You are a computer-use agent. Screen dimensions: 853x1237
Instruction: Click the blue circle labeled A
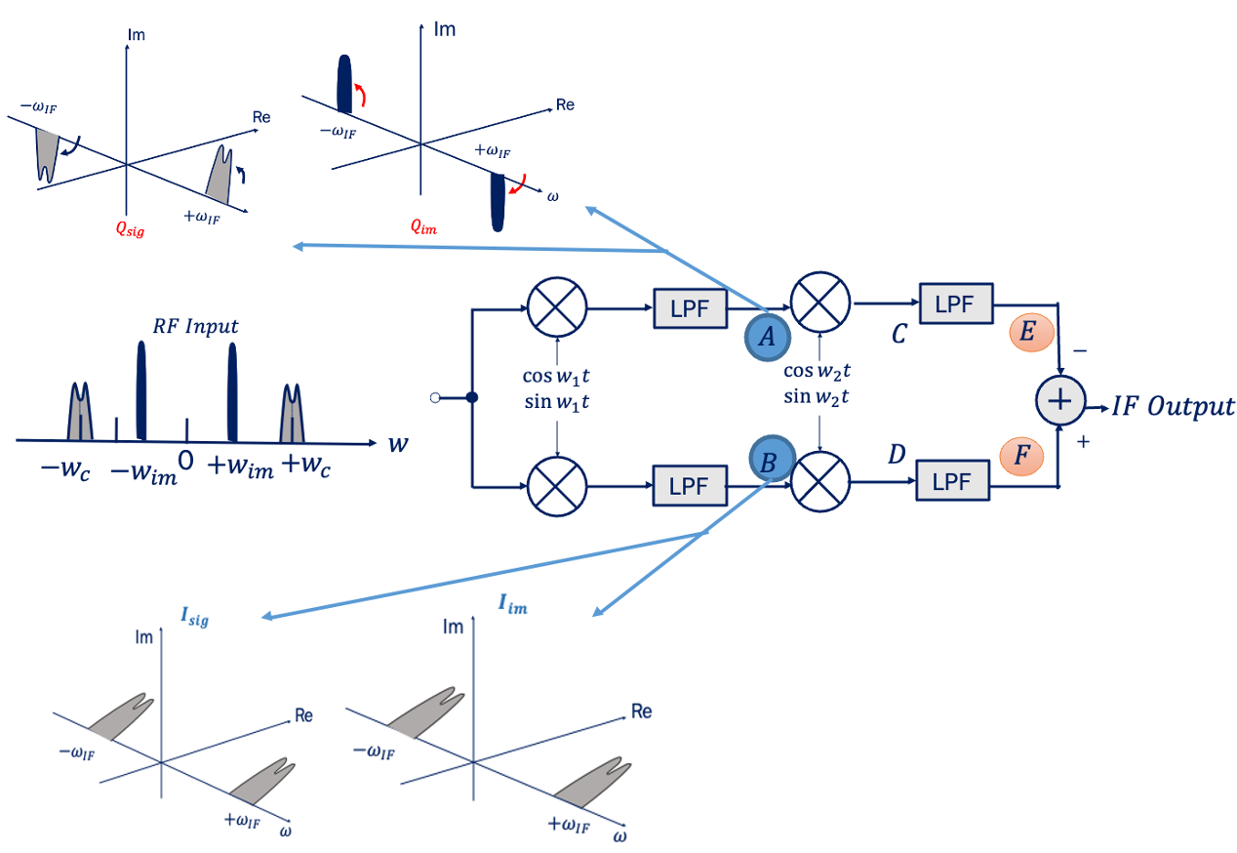point(767,337)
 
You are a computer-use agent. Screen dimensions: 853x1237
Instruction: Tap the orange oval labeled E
point(1030,333)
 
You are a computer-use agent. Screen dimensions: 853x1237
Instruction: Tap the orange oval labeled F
point(1022,455)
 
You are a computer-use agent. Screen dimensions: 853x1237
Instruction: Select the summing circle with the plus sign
point(1059,402)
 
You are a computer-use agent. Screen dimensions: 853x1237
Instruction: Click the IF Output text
point(1173,406)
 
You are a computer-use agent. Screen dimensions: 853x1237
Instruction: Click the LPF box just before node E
point(954,304)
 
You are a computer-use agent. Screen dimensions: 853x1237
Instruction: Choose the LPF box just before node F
point(952,480)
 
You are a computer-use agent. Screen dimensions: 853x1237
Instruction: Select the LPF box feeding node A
point(690,309)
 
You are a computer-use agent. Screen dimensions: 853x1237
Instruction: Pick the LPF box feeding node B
point(690,485)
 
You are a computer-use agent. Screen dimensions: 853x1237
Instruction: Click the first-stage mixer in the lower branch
point(557,485)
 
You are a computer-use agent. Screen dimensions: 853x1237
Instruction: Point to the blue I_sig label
point(193,617)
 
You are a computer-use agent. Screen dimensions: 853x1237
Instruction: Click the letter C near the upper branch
point(898,335)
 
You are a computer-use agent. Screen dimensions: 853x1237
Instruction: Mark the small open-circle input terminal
point(436,397)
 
